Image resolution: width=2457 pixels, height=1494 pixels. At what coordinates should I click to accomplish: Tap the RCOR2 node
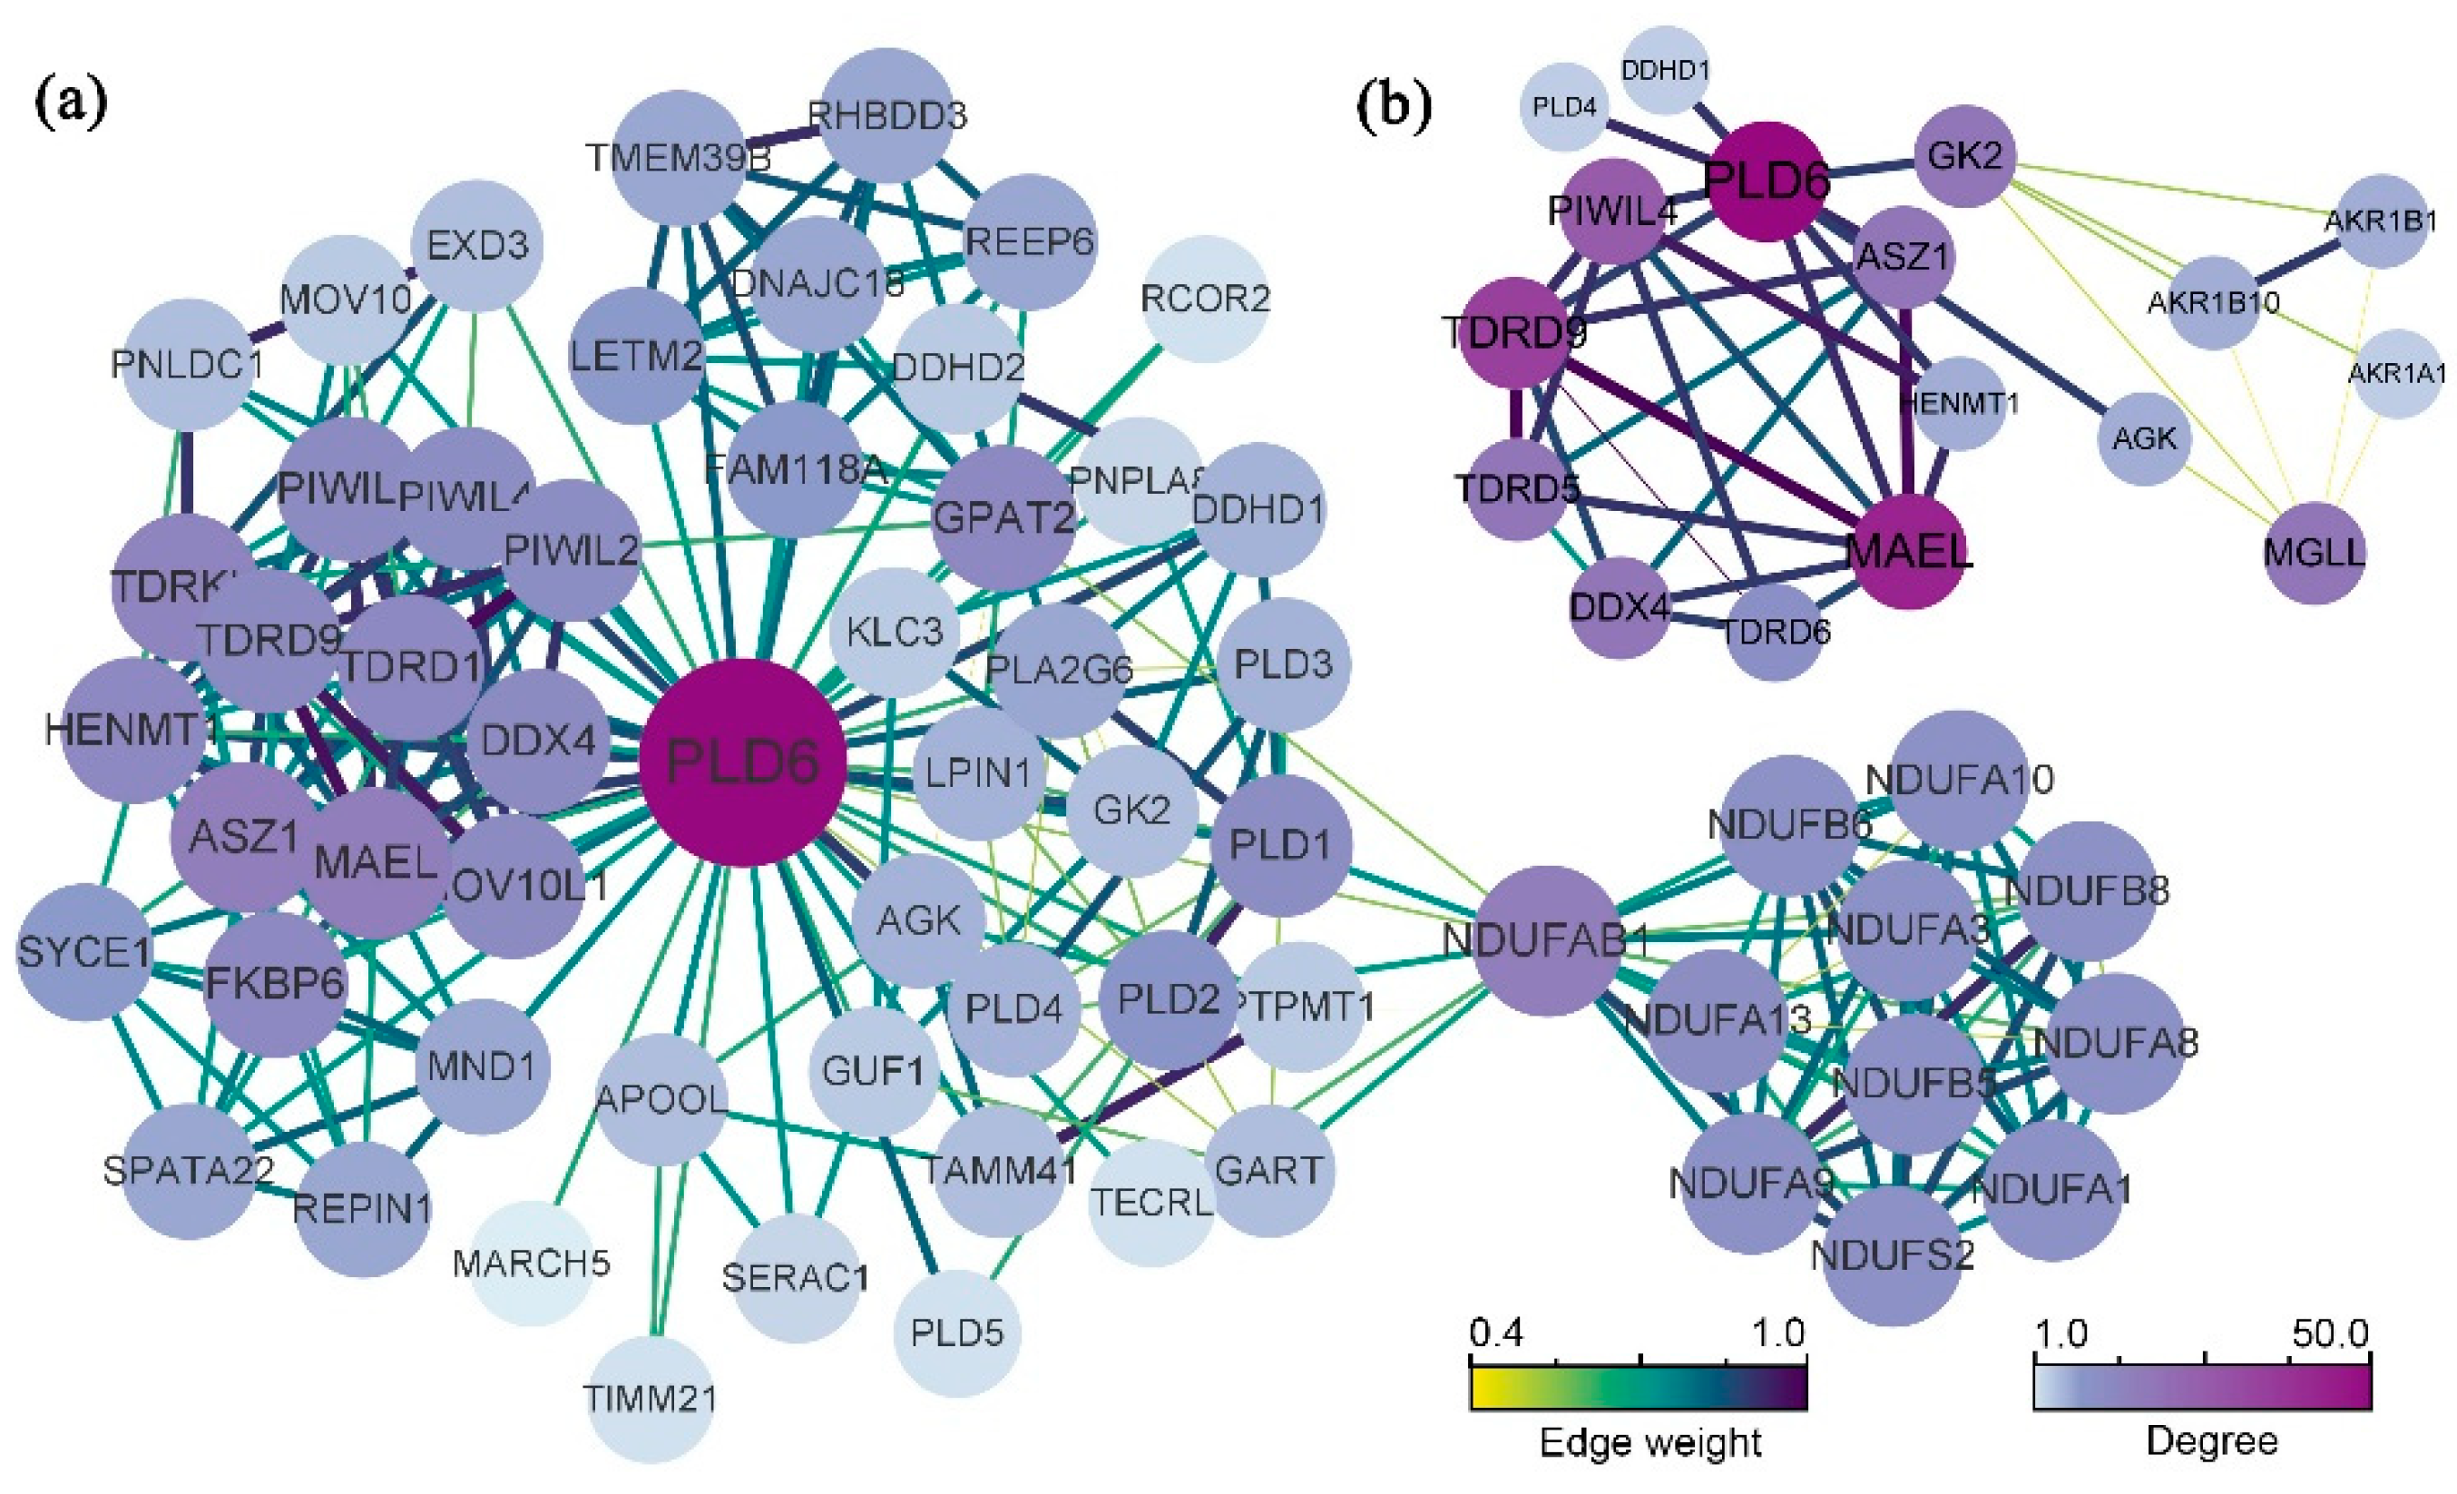[x=1206, y=299]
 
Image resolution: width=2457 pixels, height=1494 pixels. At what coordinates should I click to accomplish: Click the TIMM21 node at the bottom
[x=651, y=1399]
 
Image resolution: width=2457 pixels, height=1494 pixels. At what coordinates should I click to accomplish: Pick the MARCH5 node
[x=532, y=1263]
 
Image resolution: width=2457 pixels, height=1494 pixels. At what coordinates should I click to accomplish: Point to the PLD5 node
[x=956, y=1332]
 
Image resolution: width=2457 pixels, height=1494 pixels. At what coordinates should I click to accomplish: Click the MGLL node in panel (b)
[x=2314, y=552]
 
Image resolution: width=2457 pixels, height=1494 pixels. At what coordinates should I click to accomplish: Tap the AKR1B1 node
[x=2381, y=221]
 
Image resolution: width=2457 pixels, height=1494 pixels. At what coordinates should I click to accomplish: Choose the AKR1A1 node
[x=2397, y=373]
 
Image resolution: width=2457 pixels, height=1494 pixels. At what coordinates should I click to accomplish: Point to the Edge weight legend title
[x=1650, y=1443]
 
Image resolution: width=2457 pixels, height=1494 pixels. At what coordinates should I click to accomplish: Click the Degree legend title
[x=2211, y=1441]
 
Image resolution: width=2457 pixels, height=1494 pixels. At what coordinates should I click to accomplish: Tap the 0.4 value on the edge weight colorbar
[x=1497, y=1333]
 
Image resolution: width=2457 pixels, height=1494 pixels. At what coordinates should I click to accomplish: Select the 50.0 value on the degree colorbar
[x=2330, y=1333]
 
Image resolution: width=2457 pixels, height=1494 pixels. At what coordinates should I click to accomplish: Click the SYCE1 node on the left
[x=83, y=952]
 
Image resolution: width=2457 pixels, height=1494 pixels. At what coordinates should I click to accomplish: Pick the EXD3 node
[x=477, y=245]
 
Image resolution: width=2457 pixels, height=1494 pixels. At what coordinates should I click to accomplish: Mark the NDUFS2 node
[x=1892, y=1254]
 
